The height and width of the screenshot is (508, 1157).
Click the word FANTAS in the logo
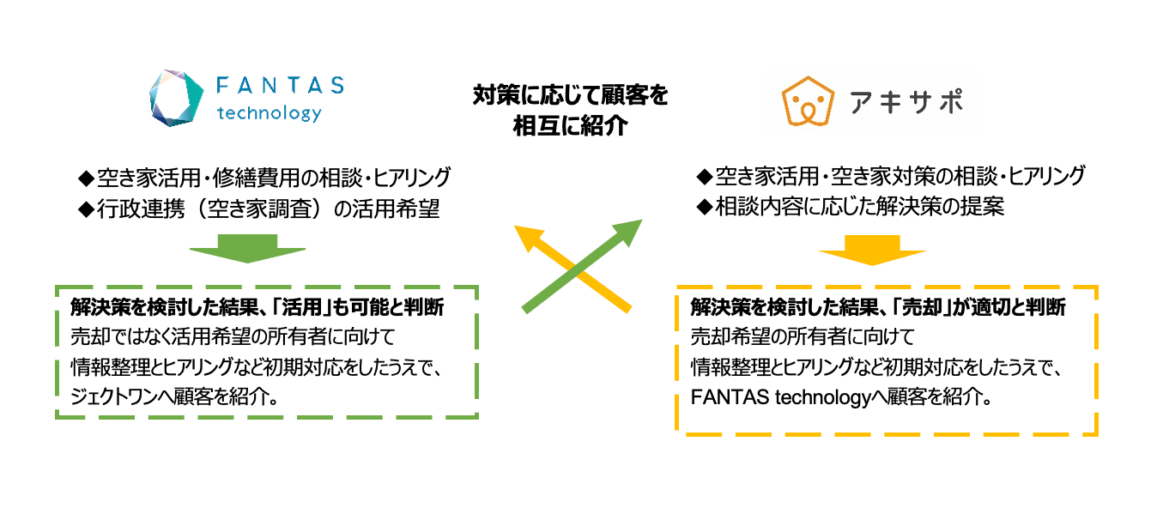click(280, 86)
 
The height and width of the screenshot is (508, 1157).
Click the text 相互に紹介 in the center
click(570, 127)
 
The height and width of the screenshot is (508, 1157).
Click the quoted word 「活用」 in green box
click(305, 306)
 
